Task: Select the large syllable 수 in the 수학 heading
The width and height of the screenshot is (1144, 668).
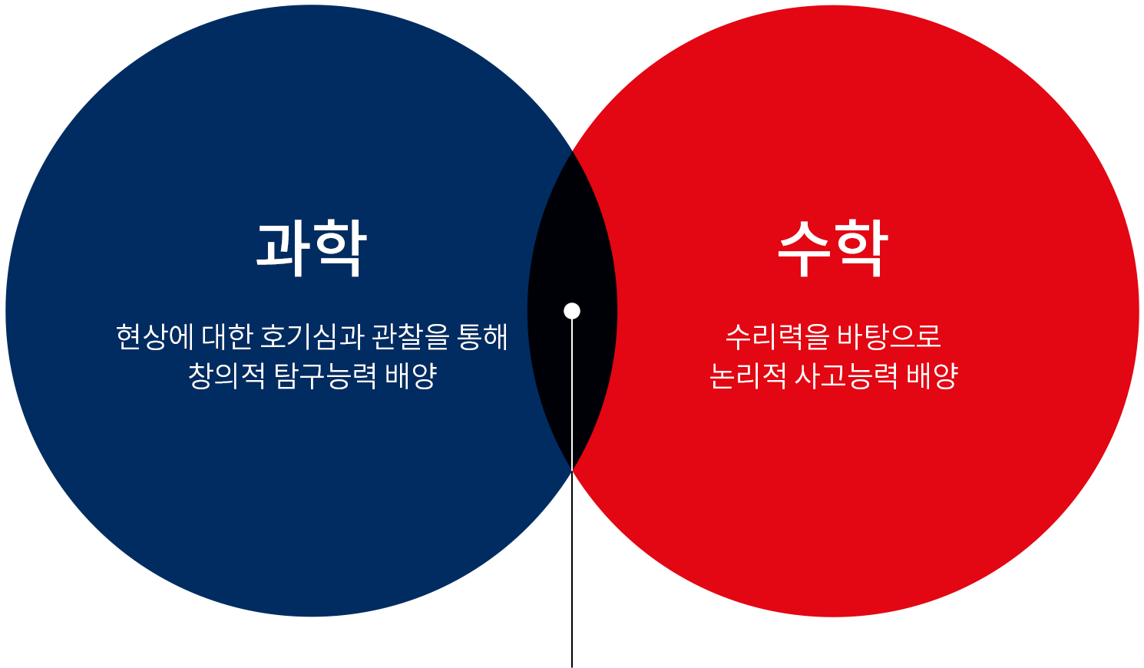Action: pos(804,247)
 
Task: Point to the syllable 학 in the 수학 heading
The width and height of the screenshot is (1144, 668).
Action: pos(861,247)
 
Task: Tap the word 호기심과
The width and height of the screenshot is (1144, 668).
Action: pos(312,336)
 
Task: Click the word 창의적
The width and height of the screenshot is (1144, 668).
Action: pos(226,375)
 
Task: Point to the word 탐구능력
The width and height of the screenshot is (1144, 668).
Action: pos(326,375)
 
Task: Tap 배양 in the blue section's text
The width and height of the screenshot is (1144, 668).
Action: pos(412,375)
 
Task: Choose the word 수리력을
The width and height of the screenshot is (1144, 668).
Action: pos(777,336)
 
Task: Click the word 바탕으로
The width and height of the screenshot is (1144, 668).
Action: pos(888,336)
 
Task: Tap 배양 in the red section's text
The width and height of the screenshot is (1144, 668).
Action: pos(932,375)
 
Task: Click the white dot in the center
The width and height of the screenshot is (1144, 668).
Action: pos(572,311)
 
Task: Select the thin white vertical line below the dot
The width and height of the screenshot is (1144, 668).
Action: pos(572,392)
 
